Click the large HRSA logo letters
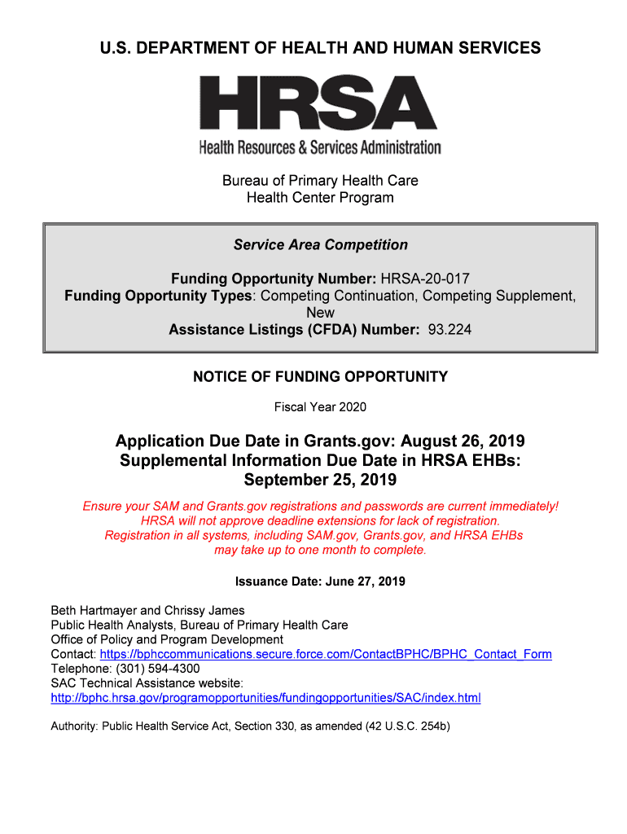(x=319, y=103)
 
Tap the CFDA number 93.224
(x=449, y=330)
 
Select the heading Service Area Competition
(x=320, y=245)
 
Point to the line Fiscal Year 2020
(x=320, y=406)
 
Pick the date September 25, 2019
(x=320, y=479)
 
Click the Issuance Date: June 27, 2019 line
(x=320, y=582)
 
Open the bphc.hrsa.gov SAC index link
(x=265, y=698)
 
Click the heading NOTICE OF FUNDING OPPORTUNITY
(x=320, y=376)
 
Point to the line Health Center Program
(x=320, y=198)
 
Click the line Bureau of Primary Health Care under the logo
(x=320, y=180)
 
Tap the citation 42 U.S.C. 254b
(x=407, y=726)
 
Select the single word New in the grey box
(x=320, y=313)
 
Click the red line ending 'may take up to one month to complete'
(x=320, y=550)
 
